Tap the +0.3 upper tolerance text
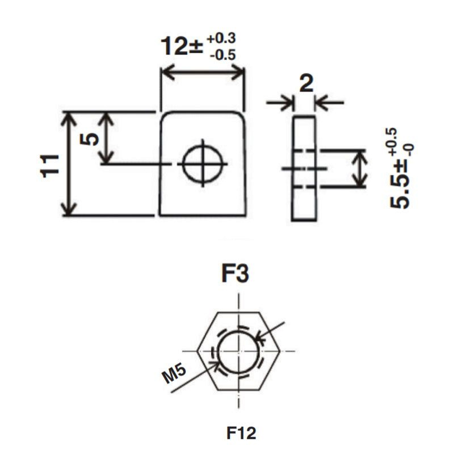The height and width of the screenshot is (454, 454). (221, 39)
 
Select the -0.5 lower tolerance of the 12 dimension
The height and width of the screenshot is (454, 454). (223, 55)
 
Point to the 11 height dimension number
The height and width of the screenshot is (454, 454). (49, 166)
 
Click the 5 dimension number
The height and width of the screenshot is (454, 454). (89, 139)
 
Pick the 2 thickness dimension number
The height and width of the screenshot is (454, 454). (306, 83)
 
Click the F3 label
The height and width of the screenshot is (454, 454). (235, 274)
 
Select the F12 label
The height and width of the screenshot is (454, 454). (241, 433)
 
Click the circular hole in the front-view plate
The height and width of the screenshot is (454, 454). (203, 163)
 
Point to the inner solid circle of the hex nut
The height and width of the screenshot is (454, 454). (238, 352)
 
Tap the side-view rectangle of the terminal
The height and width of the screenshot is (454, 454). (304, 168)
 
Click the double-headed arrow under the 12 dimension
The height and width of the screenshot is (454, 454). (203, 72)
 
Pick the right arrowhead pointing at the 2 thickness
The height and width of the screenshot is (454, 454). (322, 102)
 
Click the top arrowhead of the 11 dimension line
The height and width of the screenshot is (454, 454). (69, 119)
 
